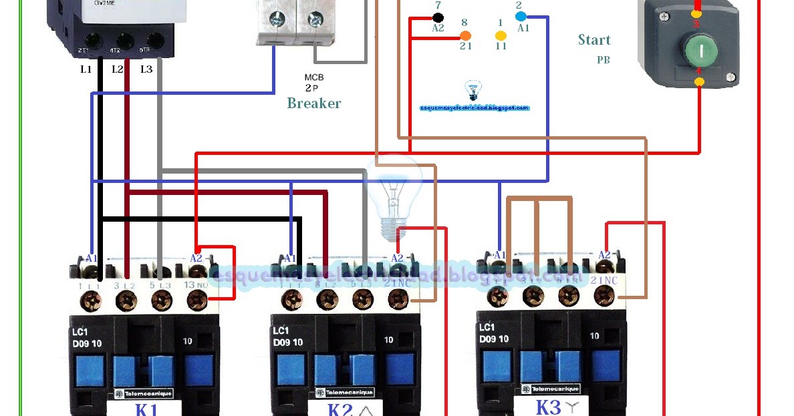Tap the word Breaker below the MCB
click(x=313, y=103)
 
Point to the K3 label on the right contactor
click(x=548, y=407)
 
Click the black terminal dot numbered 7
click(x=438, y=17)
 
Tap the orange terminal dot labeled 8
click(x=466, y=35)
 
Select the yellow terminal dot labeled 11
click(x=500, y=35)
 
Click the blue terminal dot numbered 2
click(x=521, y=16)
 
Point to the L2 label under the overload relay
click(x=118, y=69)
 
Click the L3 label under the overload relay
click(x=146, y=69)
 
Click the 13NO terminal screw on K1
click(x=196, y=301)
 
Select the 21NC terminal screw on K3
click(x=604, y=296)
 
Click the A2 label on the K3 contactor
click(x=604, y=254)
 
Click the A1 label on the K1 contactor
click(x=92, y=258)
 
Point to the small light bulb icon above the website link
click(x=473, y=89)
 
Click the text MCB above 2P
click(x=314, y=77)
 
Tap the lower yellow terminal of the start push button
click(x=699, y=81)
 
